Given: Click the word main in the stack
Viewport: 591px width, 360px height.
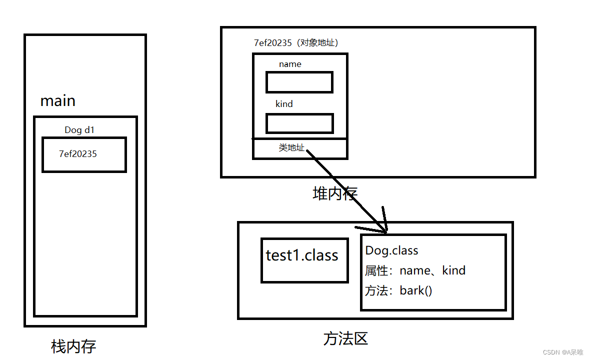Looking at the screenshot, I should pyautogui.click(x=57, y=101).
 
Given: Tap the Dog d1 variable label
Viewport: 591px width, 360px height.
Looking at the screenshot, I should pyautogui.click(x=79, y=130).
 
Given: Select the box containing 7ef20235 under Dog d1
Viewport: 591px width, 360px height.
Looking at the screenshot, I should pyautogui.click(x=84, y=154).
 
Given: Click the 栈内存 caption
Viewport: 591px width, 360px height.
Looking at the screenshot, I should pyautogui.click(x=73, y=346).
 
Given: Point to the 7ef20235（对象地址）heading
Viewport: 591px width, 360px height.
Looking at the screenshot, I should pyautogui.click(x=299, y=43).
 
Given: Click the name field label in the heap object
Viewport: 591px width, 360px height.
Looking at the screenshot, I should pyautogui.click(x=290, y=64).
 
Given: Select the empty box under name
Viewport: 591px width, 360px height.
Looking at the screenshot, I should pyautogui.click(x=299, y=82).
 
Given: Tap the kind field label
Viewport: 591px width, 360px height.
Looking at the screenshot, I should pyautogui.click(x=284, y=104).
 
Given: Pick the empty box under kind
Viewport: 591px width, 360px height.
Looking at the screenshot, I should pyautogui.click(x=299, y=123).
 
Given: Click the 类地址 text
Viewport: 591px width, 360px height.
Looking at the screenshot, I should pyautogui.click(x=291, y=147).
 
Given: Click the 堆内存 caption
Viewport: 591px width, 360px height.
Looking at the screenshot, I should pyautogui.click(x=335, y=193).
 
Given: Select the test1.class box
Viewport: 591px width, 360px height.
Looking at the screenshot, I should pyautogui.click(x=304, y=260).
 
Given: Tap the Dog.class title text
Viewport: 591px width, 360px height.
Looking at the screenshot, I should pyautogui.click(x=391, y=250).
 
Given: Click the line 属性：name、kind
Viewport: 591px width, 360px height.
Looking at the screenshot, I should pyautogui.click(x=415, y=270).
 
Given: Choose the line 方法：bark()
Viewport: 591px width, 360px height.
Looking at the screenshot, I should pyautogui.click(x=398, y=290).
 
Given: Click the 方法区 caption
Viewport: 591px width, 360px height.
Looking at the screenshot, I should pyautogui.click(x=345, y=339).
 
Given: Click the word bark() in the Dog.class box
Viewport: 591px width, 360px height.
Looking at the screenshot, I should pyautogui.click(x=415, y=290).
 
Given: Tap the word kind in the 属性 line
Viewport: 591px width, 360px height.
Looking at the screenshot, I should pyautogui.click(x=453, y=270).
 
